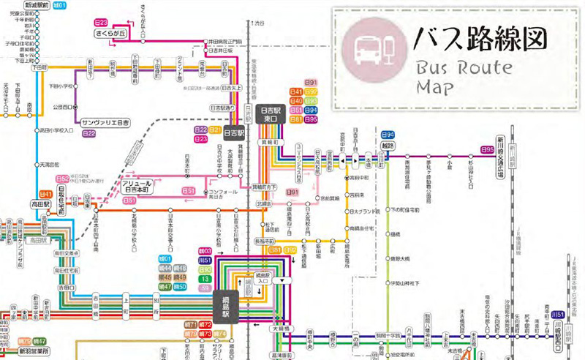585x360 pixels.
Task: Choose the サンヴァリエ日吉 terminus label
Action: tap(105, 122)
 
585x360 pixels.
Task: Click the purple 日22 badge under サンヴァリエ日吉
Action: tap(89, 133)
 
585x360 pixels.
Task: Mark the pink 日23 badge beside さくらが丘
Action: tap(102, 23)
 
